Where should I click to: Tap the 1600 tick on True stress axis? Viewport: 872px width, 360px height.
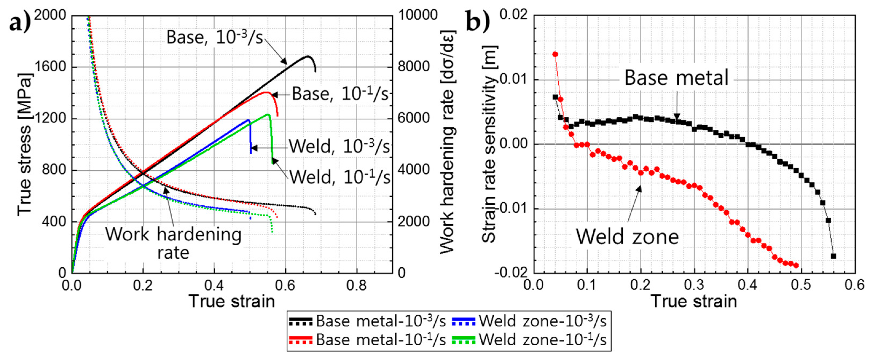coord(50,67)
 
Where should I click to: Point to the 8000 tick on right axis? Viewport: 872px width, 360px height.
coord(414,67)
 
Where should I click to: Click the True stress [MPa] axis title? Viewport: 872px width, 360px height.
coord(25,144)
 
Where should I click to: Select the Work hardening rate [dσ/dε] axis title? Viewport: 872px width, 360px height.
coord(447,143)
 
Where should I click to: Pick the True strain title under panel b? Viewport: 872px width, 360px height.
coord(694,301)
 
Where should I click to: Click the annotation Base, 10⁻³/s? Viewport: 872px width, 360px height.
coord(215,37)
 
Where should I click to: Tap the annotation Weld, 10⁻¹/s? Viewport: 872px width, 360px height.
coord(340,177)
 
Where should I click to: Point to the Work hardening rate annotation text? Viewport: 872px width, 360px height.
coord(173,243)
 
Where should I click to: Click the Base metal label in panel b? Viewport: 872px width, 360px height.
coord(676,78)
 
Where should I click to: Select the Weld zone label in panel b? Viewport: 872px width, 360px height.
coord(627,236)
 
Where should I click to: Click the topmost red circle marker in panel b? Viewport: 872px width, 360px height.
coord(555,54)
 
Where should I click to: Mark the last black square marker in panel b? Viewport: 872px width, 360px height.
coord(833,256)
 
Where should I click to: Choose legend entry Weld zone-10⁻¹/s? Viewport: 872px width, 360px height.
coord(542,340)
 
